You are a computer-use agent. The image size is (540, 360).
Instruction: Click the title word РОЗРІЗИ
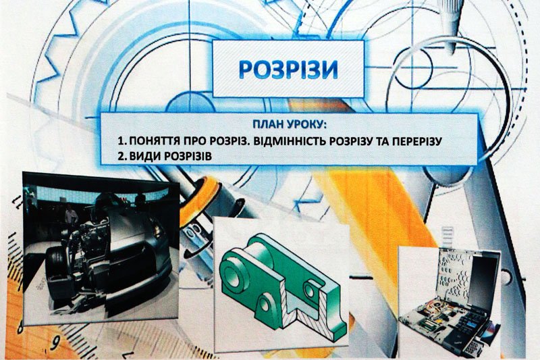[x=288, y=70]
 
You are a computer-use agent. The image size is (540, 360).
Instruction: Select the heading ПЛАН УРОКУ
[x=290, y=124]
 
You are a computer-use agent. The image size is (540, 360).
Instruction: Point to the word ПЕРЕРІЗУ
[x=416, y=141]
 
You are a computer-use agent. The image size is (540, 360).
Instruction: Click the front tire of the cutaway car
[x=57, y=269]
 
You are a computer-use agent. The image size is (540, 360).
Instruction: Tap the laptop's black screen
[x=481, y=279]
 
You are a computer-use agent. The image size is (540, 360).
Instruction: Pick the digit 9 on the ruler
[x=55, y=342]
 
